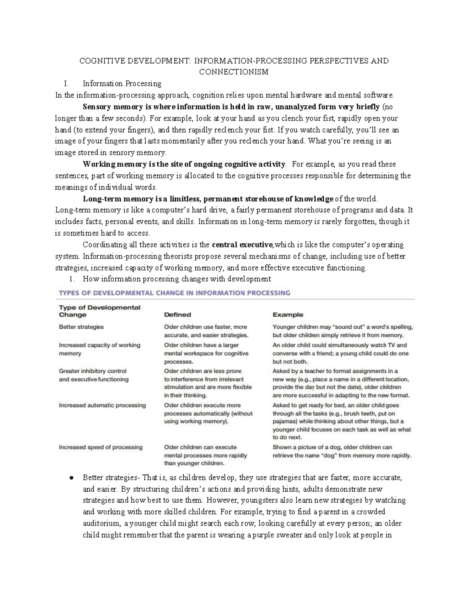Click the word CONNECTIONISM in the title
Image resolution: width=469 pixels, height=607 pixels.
pyautogui.click(x=234, y=72)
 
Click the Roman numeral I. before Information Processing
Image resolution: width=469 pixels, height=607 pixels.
pyautogui.click(x=66, y=84)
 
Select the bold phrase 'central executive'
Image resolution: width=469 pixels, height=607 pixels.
pyautogui.click(x=242, y=245)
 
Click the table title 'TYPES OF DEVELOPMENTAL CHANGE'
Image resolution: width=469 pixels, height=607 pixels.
pyautogui.click(x=174, y=293)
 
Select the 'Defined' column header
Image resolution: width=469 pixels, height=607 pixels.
pyautogui.click(x=177, y=315)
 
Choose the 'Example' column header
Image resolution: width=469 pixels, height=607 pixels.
pyautogui.click(x=288, y=315)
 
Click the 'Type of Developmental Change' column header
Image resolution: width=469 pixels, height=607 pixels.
pyautogui.click(x=99, y=311)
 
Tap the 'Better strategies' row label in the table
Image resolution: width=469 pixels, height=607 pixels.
pyautogui.click(x=81, y=327)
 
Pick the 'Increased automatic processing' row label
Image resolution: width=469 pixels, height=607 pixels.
pyautogui.click(x=102, y=405)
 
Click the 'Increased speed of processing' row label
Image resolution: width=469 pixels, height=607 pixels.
pyautogui.click(x=100, y=447)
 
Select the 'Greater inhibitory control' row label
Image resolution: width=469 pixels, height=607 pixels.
pyautogui.click(x=93, y=371)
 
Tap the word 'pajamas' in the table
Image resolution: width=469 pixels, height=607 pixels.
pyautogui.click(x=285, y=422)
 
